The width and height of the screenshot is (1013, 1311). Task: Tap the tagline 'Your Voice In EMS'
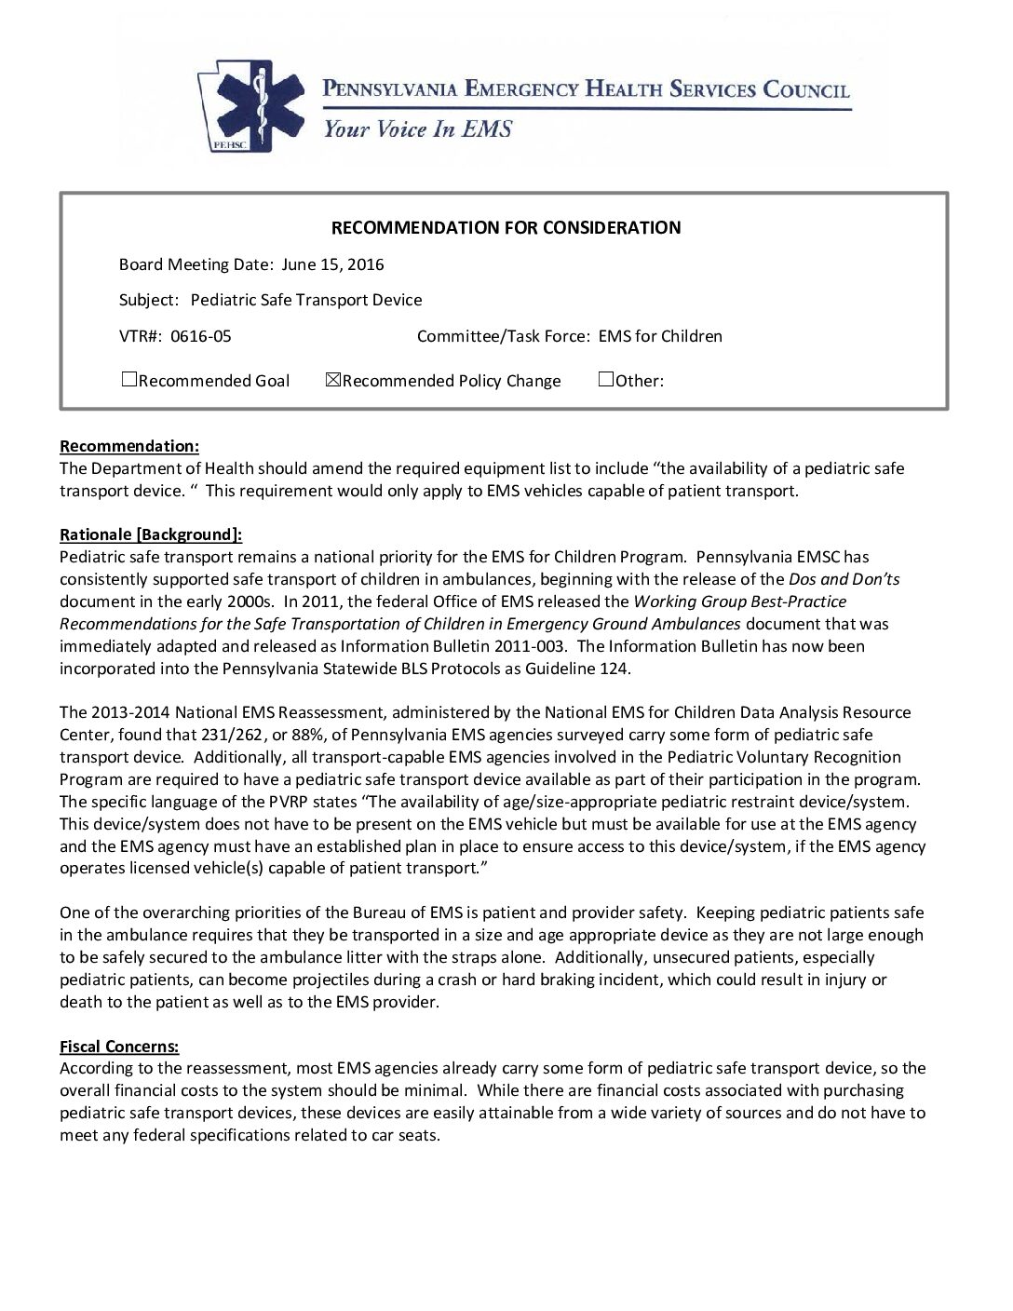417,129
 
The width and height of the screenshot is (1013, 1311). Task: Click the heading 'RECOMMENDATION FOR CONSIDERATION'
506,227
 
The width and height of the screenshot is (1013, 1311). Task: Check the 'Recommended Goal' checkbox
129,380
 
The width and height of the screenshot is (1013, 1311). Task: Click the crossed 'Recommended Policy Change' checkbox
333,380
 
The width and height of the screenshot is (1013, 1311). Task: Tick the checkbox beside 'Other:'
606,380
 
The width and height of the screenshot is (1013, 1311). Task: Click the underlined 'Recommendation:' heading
129,446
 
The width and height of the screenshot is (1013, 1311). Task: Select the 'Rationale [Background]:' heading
151,534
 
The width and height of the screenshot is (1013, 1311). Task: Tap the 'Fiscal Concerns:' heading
119,1047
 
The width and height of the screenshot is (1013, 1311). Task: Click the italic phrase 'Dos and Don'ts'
844,579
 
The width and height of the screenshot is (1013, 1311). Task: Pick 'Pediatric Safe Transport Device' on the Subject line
306,300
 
